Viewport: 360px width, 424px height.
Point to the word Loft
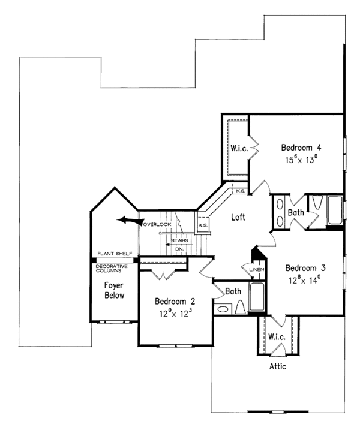pyautogui.click(x=239, y=218)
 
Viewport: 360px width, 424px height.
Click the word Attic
pyautogui.click(x=277, y=365)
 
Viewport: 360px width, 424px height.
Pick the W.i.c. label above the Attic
pyautogui.click(x=277, y=336)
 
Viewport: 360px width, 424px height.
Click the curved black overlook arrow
pyautogui.click(x=128, y=220)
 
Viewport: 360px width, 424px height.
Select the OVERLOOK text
pyautogui.click(x=157, y=224)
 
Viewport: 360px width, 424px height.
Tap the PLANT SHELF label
pyautogui.click(x=115, y=254)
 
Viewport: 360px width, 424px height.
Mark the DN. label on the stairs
pyautogui.click(x=179, y=247)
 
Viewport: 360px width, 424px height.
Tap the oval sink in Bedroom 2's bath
pyautogui.click(x=223, y=309)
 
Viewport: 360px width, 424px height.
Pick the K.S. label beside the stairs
pyautogui.click(x=203, y=225)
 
